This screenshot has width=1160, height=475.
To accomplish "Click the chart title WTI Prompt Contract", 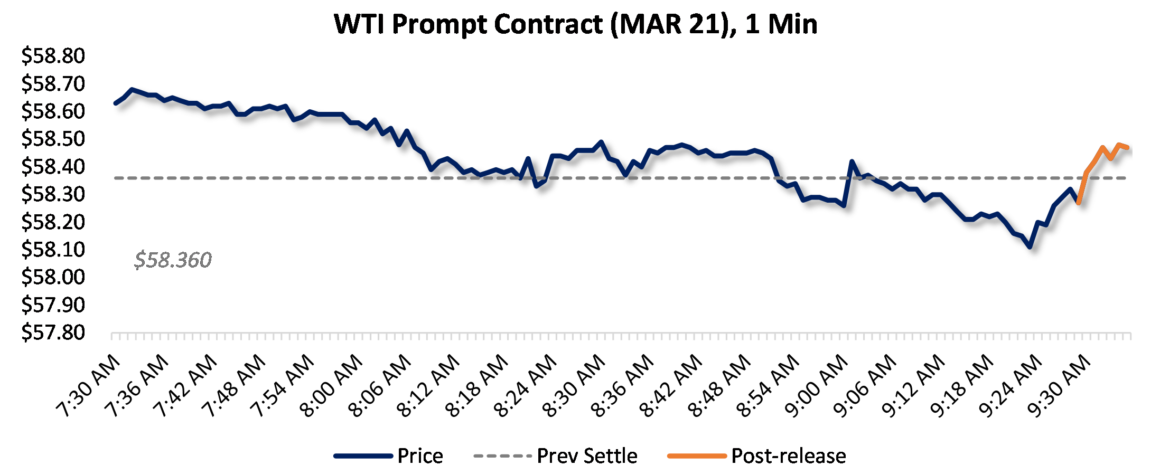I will tap(576, 24).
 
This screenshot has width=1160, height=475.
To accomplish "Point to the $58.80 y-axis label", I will tap(53, 56).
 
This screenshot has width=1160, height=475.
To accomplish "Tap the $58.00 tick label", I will tap(53, 277).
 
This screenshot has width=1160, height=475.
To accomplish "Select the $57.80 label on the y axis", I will tap(53, 332).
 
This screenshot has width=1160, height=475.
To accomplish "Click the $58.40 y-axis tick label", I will tap(53, 167).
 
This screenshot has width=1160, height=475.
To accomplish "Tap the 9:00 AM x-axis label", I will tap(818, 386).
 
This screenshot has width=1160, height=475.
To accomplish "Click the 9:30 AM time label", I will tap(1061, 386).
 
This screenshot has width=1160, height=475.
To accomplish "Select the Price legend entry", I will tap(389, 456).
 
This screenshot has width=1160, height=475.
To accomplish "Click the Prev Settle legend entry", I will tap(556, 456).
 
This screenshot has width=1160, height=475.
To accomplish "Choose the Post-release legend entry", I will tap(757, 456).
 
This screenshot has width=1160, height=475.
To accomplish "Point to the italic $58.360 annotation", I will tap(173, 260).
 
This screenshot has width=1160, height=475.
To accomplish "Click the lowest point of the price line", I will tap(1030, 246).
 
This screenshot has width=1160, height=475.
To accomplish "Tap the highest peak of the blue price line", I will tap(132, 90).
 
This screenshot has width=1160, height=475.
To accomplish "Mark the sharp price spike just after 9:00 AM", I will tap(852, 161).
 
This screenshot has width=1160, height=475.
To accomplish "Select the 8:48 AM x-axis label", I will tap(721, 386).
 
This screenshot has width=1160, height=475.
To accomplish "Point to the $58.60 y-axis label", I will tap(53, 111).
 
